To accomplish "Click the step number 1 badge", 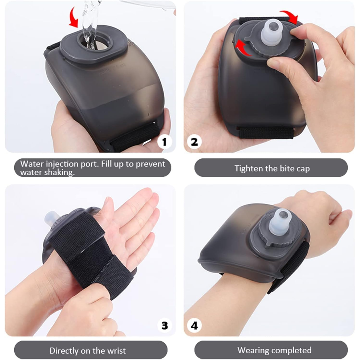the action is click(164, 142).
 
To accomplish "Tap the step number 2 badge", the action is click(194, 142).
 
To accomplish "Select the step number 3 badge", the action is click(164, 325).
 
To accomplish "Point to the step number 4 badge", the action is click(194, 325).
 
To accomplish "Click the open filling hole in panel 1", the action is click(95, 42).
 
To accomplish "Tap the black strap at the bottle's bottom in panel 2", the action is click(265, 132).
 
